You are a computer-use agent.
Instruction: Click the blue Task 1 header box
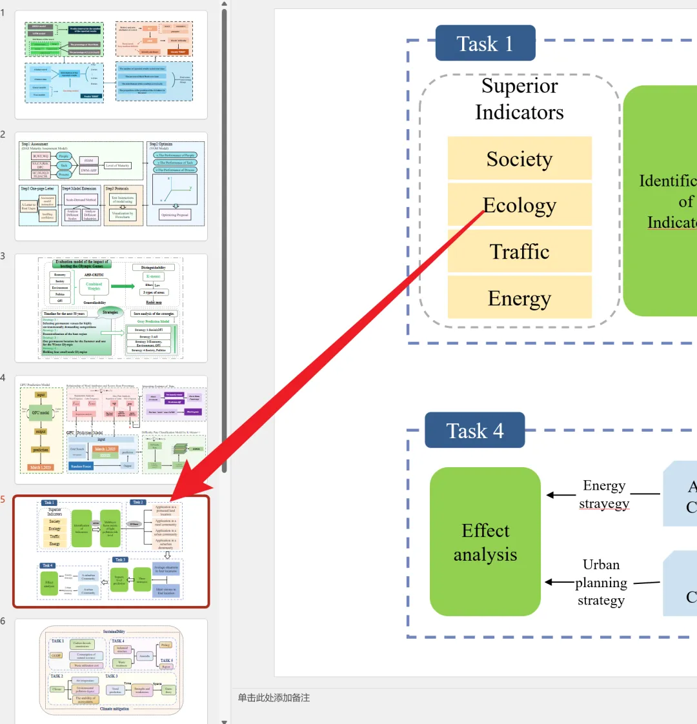[485, 44]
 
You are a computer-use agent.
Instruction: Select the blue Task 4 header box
[474, 431]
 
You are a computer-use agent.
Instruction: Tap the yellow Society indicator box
[520, 158]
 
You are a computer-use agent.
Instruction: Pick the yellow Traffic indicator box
[520, 252]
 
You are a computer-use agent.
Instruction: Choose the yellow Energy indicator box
[520, 298]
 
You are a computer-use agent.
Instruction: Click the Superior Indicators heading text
[520, 99]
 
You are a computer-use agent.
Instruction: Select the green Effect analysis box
[485, 542]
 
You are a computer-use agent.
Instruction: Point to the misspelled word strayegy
[604, 503]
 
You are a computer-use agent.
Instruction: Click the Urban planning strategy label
[601, 583]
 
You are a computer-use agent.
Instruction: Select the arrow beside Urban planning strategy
[559, 582]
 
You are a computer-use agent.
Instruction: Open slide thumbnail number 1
[111, 65]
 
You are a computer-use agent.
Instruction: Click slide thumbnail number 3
[111, 308]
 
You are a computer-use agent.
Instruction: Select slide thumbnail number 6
[111, 671]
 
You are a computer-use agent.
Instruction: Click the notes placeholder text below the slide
[274, 698]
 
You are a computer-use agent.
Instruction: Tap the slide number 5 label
[3, 499]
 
